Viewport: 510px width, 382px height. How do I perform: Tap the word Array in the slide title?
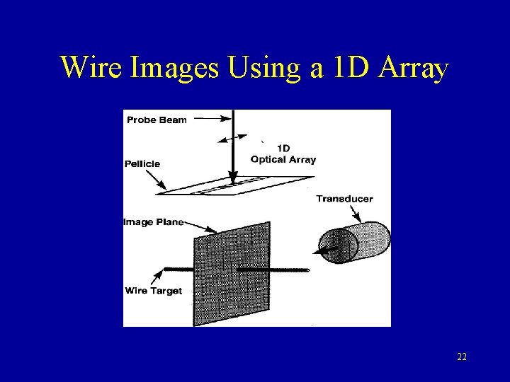click(x=414, y=68)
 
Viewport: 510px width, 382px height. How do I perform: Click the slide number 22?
click(x=462, y=357)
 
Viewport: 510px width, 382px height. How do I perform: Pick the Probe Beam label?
click(x=157, y=120)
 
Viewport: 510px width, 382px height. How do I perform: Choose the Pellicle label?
click(x=143, y=163)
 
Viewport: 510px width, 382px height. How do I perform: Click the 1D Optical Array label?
click(x=283, y=154)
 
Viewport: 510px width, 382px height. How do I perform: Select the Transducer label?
click(x=344, y=199)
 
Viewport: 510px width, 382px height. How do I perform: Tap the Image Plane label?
click(x=154, y=222)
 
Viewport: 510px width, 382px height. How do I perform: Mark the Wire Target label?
click(x=153, y=291)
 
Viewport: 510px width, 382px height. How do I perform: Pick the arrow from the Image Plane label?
click(x=201, y=227)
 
